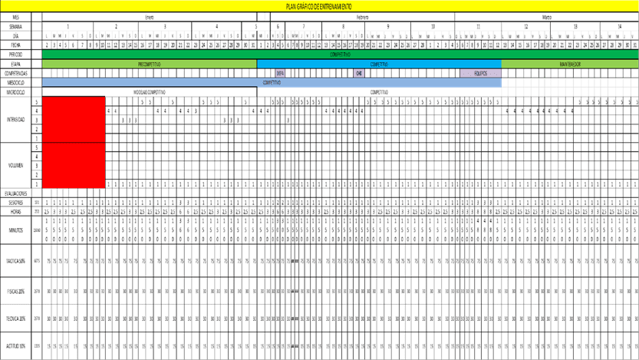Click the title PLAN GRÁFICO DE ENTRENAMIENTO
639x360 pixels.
point(318,6)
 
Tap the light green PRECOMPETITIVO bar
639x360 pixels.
point(149,64)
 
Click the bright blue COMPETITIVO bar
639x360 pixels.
point(379,64)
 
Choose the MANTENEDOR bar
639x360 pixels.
point(569,64)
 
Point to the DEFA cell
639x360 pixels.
point(280,74)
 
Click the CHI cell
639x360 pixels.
point(358,74)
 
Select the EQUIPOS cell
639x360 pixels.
point(480,74)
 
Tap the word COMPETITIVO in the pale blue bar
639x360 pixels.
point(272,82)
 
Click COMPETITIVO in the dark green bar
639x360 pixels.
point(340,54)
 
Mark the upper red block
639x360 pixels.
point(74,119)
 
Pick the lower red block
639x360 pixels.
point(74,165)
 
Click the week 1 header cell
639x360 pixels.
point(68,26)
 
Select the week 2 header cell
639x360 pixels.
point(115,26)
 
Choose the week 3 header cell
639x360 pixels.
point(165,26)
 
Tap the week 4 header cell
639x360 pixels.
point(216,26)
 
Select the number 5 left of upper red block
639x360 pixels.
point(36,101)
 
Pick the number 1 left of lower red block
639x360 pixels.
point(36,183)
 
